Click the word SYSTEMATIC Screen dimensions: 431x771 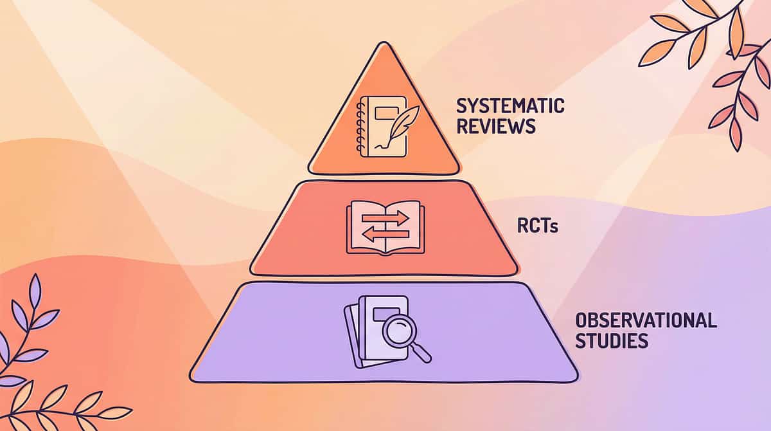[x=511, y=106]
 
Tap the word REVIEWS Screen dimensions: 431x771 [x=496, y=126]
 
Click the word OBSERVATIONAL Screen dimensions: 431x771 [x=646, y=320]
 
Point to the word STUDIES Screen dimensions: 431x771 [x=612, y=340]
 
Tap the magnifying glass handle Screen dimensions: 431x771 [x=423, y=354]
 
